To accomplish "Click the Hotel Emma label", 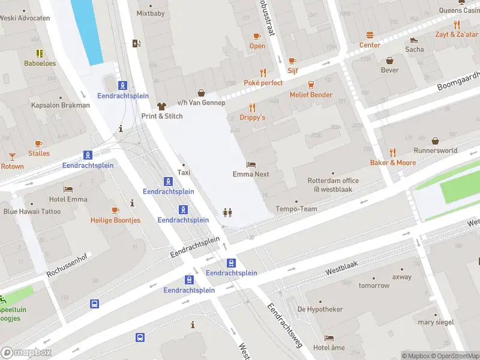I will click(68, 199).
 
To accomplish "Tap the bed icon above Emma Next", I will click(251, 164).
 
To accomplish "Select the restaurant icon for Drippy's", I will click(253, 108).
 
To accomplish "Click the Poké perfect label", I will click(263, 83).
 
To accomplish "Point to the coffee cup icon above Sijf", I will click(292, 61).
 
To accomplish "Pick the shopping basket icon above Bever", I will click(389, 61).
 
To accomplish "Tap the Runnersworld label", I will click(435, 151).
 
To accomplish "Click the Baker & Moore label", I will click(392, 163).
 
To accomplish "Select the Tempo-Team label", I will click(296, 209).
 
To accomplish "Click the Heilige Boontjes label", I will click(115, 220).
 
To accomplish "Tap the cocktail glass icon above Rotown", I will click(11, 157).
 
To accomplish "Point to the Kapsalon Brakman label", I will click(61, 105).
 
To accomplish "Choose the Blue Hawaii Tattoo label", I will click(32, 211).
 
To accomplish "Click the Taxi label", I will click(184, 173).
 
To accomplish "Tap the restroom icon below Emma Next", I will click(227, 212).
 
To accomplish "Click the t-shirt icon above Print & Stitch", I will click(161, 106).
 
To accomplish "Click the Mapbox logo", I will click(26, 353).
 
